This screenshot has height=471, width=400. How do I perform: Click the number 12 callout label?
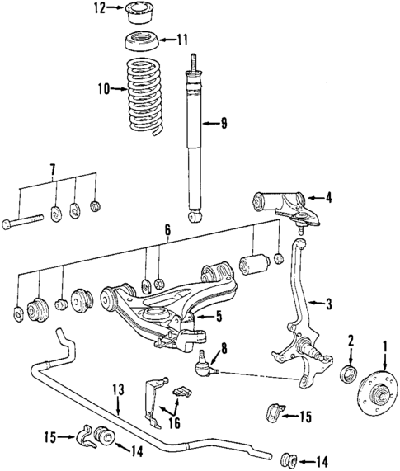point(99,9)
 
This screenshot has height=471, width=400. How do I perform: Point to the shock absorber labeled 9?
point(195,140)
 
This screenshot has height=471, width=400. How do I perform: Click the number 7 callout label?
point(53,171)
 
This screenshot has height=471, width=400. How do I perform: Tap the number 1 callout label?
point(384,339)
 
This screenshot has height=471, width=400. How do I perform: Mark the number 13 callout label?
point(117,389)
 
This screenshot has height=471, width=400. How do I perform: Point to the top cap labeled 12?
point(135,13)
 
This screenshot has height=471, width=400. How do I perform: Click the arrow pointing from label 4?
point(317,197)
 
